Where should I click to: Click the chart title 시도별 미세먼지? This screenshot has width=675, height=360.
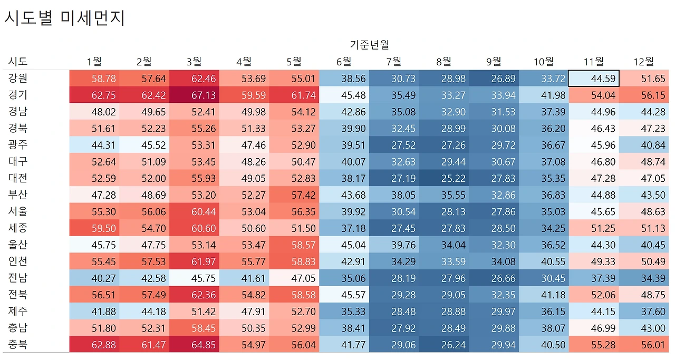pyautogui.click(x=64, y=18)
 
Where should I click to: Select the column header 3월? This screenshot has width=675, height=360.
pyautogui.click(x=194, y=62)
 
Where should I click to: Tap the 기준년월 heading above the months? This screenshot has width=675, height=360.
pyautogui.click(x=369, y=45)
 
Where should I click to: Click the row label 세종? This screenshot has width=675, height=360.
pyautogui.click(x=17, y=228)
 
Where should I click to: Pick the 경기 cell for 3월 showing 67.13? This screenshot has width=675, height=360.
pyautogui.click(x=194, y=95)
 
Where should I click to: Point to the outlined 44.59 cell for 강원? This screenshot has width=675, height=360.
pyautogui.click(x=594, y=79)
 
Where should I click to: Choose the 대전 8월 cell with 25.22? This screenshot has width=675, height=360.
pyautogui.click(x=444, y=179)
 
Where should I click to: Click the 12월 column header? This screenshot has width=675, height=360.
pyautogui.click(x=643, y=62)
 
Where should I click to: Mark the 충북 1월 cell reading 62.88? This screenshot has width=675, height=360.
pyautogui.click(x=94, y=345)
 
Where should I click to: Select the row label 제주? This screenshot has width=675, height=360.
pyautogui.click(x=17, y=312)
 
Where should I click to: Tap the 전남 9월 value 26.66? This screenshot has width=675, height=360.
pyautogui.click(x=494, y=278)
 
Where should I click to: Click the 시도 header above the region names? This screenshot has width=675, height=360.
pyautogui.click(x=17, y=62)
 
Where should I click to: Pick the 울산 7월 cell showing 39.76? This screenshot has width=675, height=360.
pyautogui.click(x=394, y=245)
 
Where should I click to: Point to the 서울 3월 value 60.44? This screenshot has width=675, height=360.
pyautogui.click(x=194, y=212)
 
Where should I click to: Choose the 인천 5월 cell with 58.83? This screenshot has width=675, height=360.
pyautogui.click(x=294, y=261)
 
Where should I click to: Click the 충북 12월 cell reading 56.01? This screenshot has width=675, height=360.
pyautogui.click(x=644, y=345)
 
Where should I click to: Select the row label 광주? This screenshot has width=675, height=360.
pyautogui.click(x=17, y=145)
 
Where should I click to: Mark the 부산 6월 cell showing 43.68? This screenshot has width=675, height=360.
pyautogui.click(x=344, y=195)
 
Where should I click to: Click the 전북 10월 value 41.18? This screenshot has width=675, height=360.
pyautogui.click(x=544, y=295)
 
